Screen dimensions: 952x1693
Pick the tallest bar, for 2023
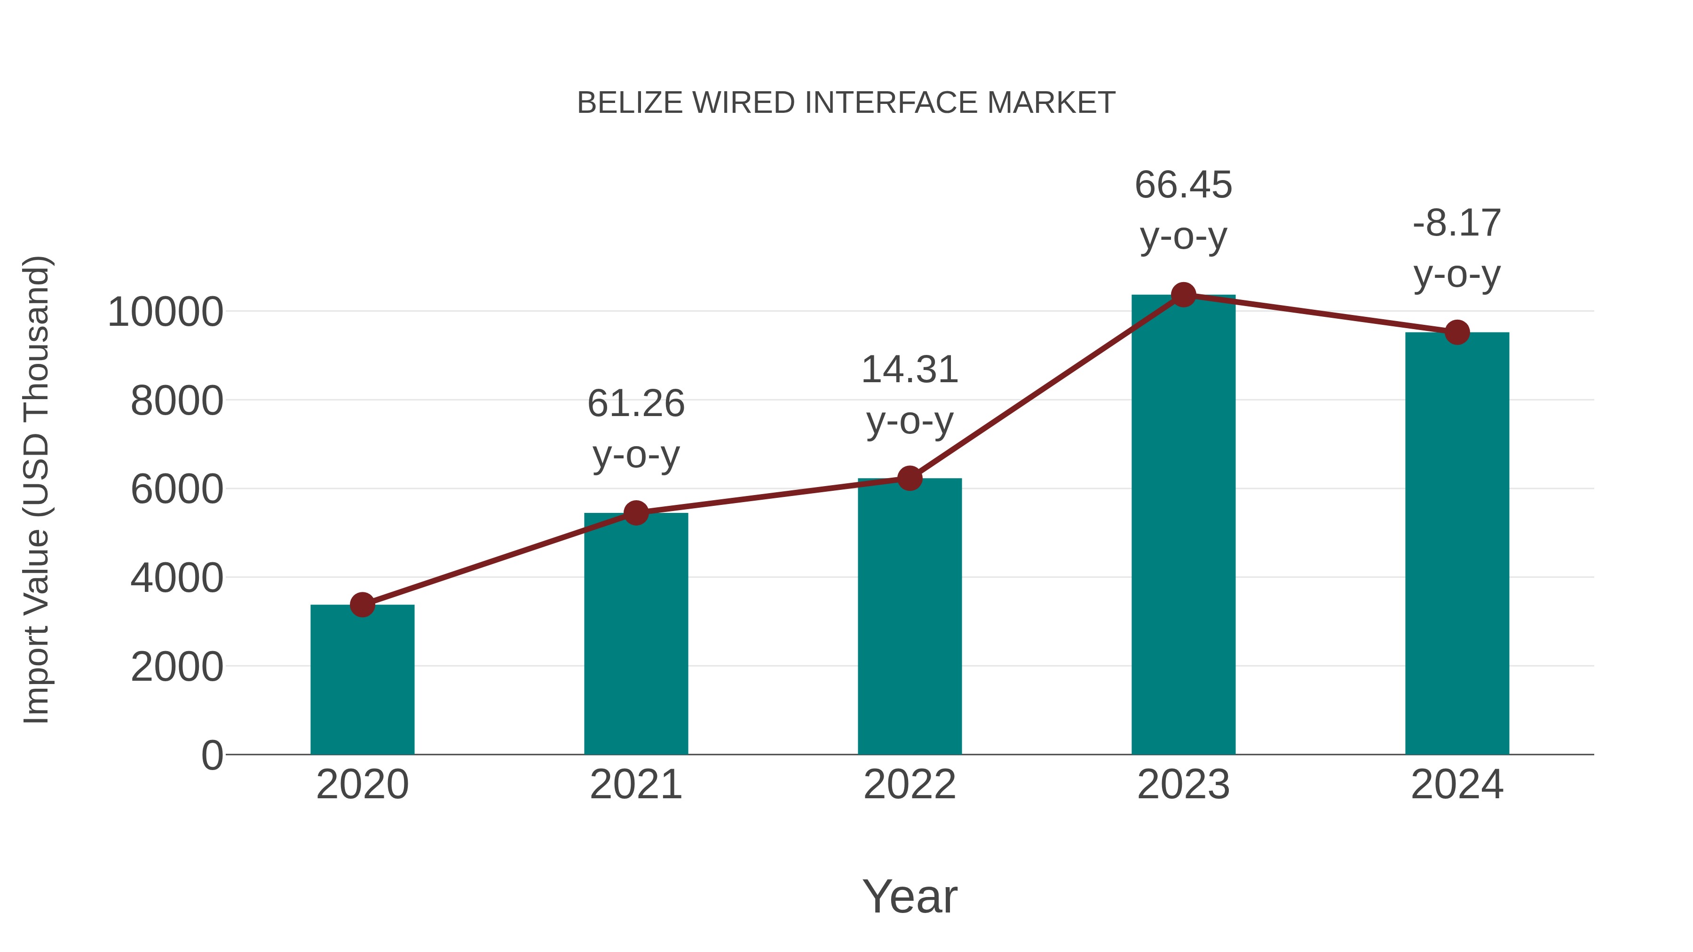[x=1183, y=526]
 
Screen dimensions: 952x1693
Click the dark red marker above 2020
[x=362, y=605]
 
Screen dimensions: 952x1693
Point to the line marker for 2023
[x=1183, y=295]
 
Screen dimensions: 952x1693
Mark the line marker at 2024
[x=1457, y=332]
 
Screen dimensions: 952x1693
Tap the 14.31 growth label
[x=910, y=394]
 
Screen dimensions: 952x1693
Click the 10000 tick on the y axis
[x=165, y=312]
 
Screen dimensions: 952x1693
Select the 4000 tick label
[x=177, y=578]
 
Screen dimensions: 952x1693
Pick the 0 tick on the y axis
[x=212, y=755]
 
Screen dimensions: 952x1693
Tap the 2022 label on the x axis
[x=910, y=785]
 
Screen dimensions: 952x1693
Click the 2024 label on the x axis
[x=1457, y=785]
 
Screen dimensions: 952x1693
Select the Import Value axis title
[x=36, y=489]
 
